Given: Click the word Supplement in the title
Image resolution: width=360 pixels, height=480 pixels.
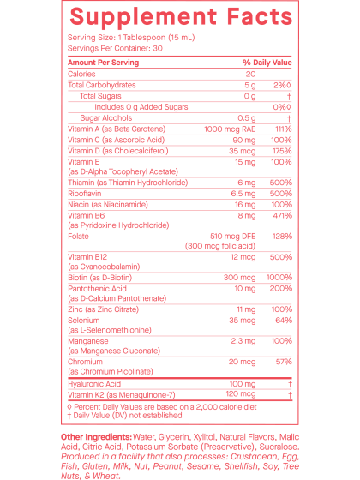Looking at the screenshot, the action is coord(143,17).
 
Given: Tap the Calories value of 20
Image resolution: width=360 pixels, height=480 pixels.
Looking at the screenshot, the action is coord(250,74).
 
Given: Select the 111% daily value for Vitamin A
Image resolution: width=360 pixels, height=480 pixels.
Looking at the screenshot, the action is coord(283,129).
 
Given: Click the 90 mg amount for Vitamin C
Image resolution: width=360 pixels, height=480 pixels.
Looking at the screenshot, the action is coord(244,141).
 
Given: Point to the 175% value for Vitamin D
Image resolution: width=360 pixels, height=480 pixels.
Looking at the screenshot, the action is coord(282,151).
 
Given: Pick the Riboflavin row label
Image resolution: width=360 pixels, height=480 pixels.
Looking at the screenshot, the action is coord(85,194).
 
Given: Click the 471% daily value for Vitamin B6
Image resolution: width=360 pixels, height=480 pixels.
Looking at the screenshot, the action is coord(283,215).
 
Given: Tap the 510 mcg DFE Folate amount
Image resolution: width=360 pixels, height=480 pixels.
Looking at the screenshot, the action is coord(232,237).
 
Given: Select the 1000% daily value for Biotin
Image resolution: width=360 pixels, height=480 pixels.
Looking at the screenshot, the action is coord(279,278).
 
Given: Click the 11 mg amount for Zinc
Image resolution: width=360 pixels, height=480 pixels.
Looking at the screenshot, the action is coord(246,309).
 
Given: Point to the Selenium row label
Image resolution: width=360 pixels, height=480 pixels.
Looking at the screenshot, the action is coord(84,321).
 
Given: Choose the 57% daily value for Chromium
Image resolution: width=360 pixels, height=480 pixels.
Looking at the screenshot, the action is coord(284,362).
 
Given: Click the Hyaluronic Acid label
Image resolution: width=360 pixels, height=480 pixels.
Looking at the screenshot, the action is coord(94,384).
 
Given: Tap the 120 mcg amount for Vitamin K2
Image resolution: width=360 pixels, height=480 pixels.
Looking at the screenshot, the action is coord(241,394).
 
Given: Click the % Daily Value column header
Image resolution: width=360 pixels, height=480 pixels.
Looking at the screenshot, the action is coord(267,63).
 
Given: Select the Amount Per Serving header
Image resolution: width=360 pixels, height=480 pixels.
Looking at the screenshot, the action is coord(103,63).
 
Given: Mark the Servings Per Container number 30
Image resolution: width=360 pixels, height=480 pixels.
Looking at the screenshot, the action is coord(158,48).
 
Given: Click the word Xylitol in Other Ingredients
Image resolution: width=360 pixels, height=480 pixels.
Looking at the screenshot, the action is coord(204,437).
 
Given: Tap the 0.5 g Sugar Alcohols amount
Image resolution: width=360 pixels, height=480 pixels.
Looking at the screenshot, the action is coord(247,118).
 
